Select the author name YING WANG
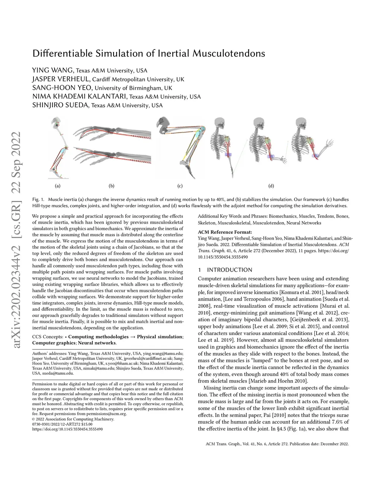pos(53,70)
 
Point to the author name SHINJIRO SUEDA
pos(61,105)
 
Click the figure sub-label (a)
pos(58,186)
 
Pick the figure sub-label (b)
pos(111,186)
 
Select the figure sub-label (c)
pos(180,186)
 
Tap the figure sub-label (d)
pos(271,186)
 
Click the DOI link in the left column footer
pos(67,429)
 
